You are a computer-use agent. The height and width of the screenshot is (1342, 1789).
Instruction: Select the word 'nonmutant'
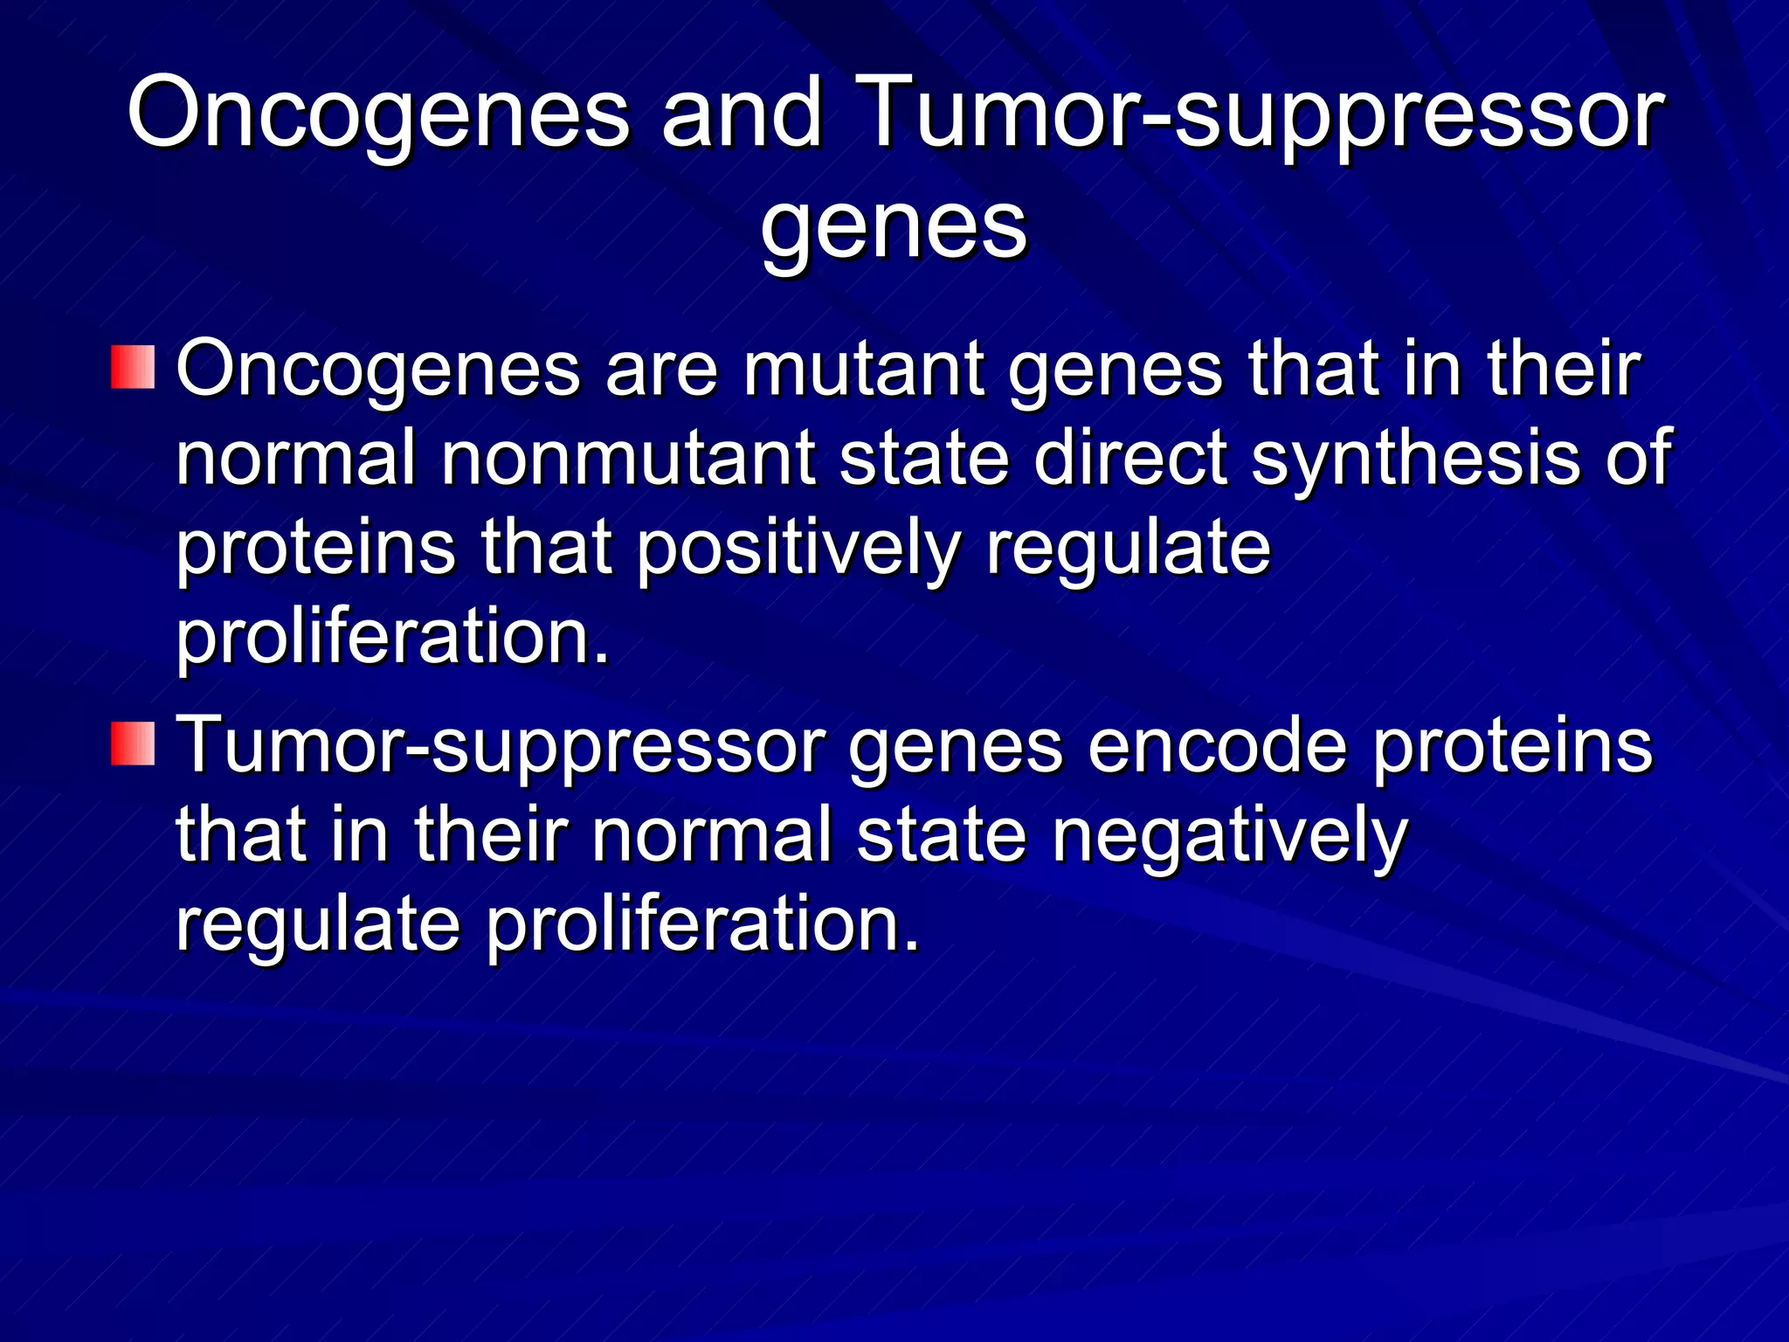[x=627, y=460]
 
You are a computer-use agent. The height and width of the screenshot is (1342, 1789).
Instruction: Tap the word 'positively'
[x=798, y=550]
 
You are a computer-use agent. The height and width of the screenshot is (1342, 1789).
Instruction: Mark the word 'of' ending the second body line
[x=1639, y=460]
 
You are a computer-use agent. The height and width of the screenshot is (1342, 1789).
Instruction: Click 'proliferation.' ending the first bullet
[x=392, y=638]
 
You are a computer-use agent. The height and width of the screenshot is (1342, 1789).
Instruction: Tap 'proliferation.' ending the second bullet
[x=702, y=926]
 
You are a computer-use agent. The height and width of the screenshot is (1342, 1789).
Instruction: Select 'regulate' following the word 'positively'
[x=1128, y=550]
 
